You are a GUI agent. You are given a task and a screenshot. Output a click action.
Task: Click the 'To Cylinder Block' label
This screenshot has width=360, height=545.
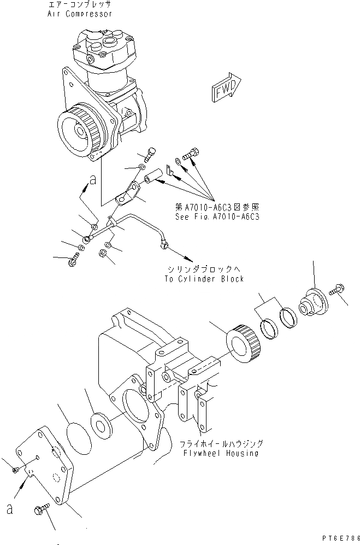203,278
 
